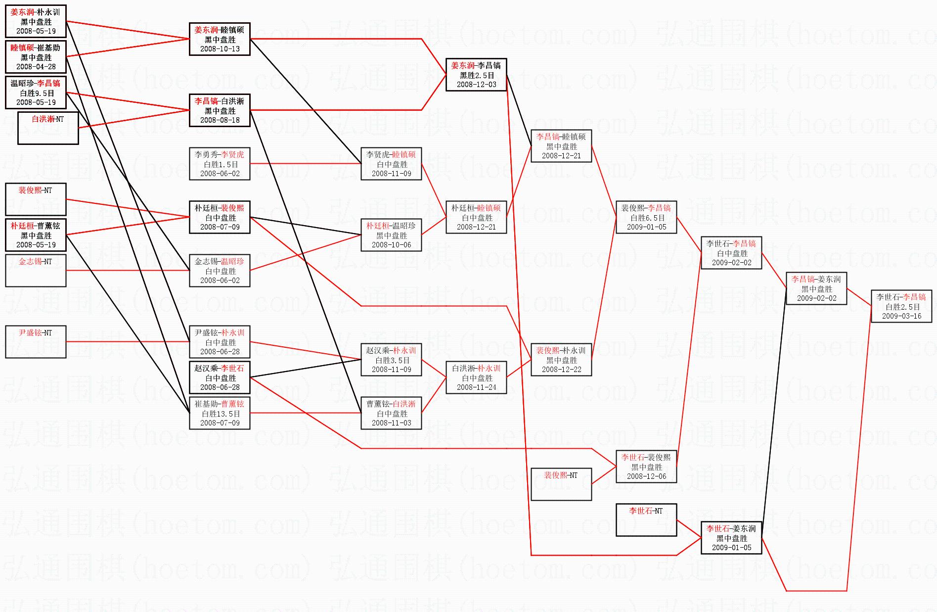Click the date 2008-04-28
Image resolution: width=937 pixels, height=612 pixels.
tap(36, 67)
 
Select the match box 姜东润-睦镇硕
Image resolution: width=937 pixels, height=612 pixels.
tap(220, 39)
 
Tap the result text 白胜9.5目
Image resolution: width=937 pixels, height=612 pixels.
tap(36, 93)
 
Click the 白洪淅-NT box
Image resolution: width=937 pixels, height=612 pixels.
tap(48, 128)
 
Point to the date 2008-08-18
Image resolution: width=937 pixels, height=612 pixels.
tap(220, 120)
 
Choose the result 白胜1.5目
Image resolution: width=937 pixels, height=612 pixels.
tap(220, 164)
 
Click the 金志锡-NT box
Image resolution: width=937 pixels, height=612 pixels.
tap(36, 271)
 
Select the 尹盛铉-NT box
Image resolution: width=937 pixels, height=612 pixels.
tap(36, 342)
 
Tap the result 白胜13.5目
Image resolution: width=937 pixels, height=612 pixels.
tap(220, 414)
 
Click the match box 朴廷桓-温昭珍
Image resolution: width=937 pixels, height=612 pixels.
tap(391, 235)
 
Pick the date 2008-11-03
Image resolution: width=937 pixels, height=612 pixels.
tap(391, 423)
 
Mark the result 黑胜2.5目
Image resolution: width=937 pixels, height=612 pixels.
tap(476, 75)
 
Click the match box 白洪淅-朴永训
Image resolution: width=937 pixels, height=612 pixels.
tap(476, 377)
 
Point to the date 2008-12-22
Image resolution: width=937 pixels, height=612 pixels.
tap(561, 370)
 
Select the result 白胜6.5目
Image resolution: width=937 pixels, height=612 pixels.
tap(647, 218)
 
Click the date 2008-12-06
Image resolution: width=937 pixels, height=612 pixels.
tap(646, 476)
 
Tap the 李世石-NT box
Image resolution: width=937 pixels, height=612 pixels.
tap(646, 520)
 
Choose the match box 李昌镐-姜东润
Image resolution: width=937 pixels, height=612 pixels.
tap(816, 288)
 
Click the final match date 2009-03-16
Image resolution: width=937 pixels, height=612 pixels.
tap(901, 316)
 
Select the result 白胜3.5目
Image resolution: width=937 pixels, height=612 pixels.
tap(392, 360)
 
